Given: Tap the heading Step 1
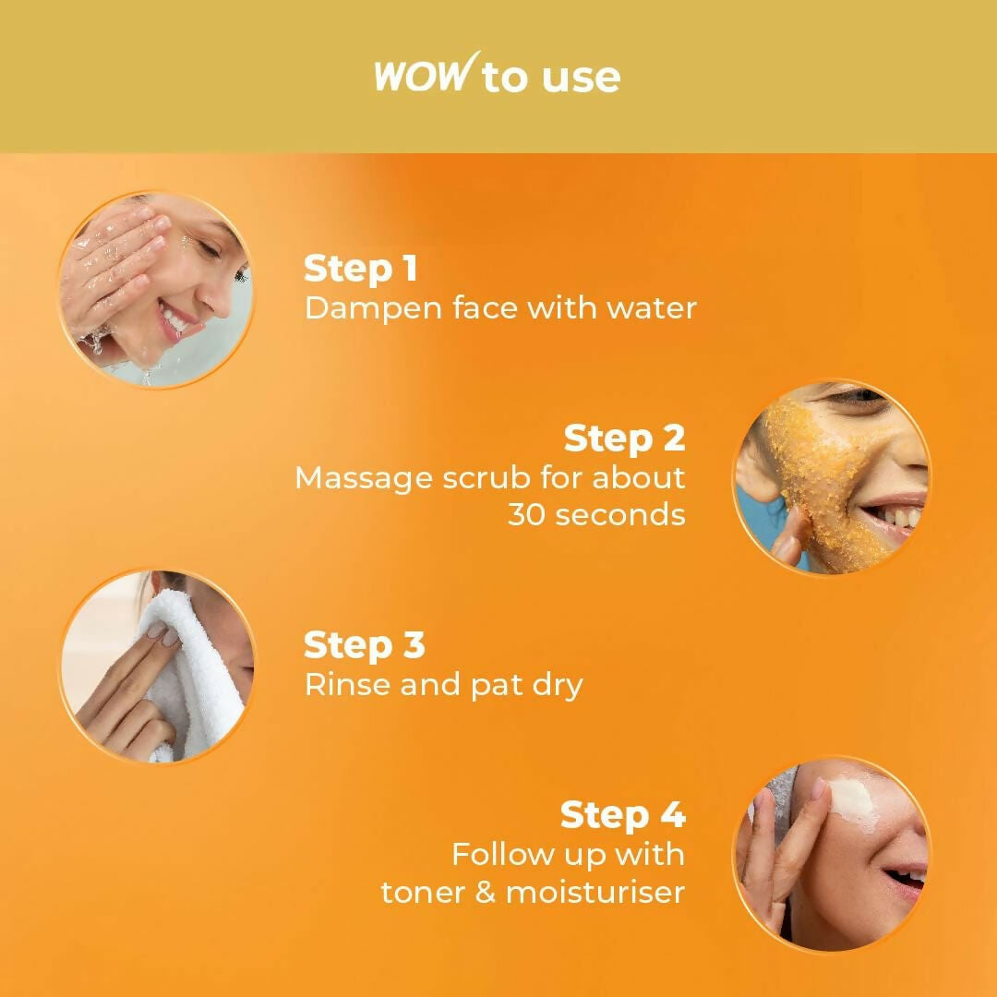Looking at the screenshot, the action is [x=361, y=269].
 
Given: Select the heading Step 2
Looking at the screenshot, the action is [x=624, y=438].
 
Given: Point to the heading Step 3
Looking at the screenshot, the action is [x=365, y=644].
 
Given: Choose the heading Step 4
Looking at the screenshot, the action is [x=622, y=814].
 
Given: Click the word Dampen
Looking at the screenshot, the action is [x=373, y=309].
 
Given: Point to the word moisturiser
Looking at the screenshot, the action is [x=595, y=892].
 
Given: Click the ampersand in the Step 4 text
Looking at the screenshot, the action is [x=486, y=892].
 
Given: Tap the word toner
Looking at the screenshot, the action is [x=423, y=893].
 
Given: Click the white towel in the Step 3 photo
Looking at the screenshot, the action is [x=191, y=674].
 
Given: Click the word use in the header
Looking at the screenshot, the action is [x=582, y=78].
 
